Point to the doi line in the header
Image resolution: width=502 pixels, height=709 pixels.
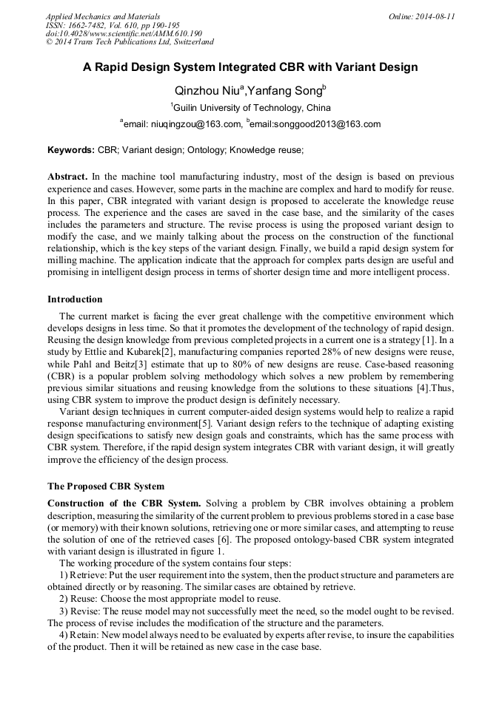124,34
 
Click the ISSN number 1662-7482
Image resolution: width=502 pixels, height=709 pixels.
93,25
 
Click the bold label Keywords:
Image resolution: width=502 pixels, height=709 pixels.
71,150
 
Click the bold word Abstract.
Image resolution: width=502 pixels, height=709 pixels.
67,177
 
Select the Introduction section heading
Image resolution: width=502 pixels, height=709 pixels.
75,299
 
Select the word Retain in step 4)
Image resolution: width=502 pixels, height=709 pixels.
84,635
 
